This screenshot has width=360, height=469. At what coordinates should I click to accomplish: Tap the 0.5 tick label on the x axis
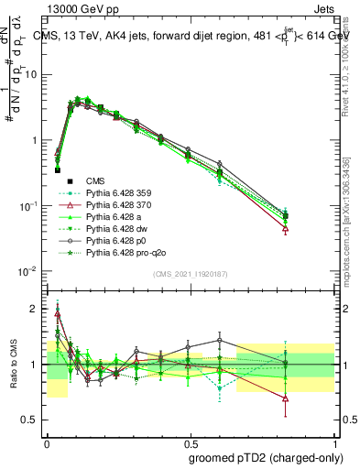(x=190, y=441)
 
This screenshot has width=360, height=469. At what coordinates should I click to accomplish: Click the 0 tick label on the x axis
(x=47, y=441)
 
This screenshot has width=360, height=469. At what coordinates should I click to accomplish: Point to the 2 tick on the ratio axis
(x=37, y=309)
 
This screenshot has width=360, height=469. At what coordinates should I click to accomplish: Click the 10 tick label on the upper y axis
(x=32, y=75)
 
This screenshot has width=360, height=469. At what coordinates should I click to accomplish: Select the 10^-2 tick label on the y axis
(x=30, y=271)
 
